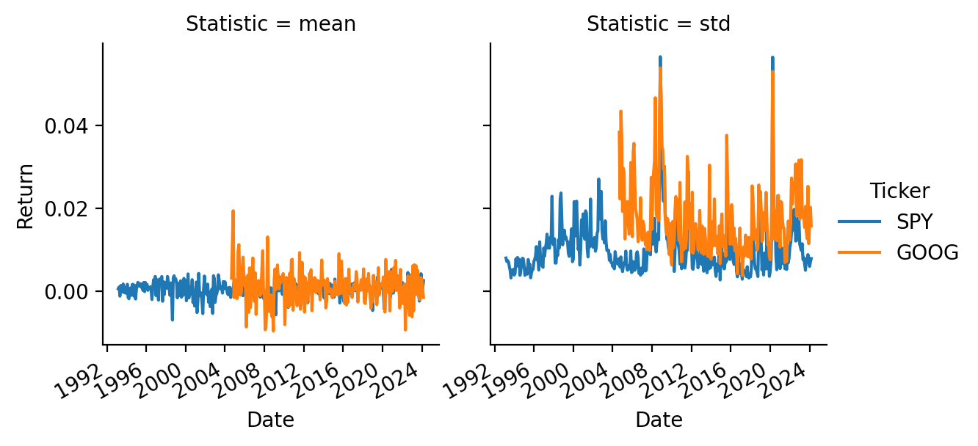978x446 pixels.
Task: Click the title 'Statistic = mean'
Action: [x=270, y=24]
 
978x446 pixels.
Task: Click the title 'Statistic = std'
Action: [x=658, y=24]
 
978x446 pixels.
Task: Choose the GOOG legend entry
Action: [x=927, y=253]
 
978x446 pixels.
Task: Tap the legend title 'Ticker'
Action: [x=899, y=191]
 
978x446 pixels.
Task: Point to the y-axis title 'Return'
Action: [x=26, y=196]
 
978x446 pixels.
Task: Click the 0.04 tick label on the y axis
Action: [x=66, y=126]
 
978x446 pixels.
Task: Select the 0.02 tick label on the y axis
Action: [x=66, y=209]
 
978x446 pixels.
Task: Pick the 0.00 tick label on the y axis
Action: [x=66, y=292]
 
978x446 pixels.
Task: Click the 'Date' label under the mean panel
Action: [x=270, y=420]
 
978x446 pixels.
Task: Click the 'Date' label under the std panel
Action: [x=659, y=420]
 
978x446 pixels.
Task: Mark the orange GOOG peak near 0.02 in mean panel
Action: [x=233, y=211]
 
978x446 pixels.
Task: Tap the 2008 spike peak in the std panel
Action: [x=660, y=57]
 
